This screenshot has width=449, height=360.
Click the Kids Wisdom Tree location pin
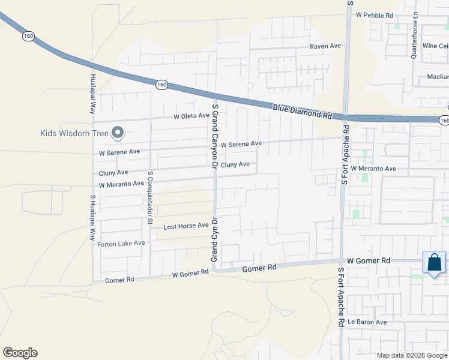118,133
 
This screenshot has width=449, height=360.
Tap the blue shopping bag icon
434,263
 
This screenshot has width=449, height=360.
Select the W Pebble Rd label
375,14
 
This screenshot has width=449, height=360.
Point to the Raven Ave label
325,46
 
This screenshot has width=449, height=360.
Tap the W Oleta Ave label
191,116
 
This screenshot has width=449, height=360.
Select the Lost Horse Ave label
186,226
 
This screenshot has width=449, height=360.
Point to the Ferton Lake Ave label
122,243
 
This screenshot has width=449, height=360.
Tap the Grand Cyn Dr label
213,239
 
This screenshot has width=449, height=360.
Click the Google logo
20,353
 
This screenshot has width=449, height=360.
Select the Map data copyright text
412,355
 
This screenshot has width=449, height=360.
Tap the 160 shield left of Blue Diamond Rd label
161,85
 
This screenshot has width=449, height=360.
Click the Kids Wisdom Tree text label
75,133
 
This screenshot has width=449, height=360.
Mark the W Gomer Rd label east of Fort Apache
369,261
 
